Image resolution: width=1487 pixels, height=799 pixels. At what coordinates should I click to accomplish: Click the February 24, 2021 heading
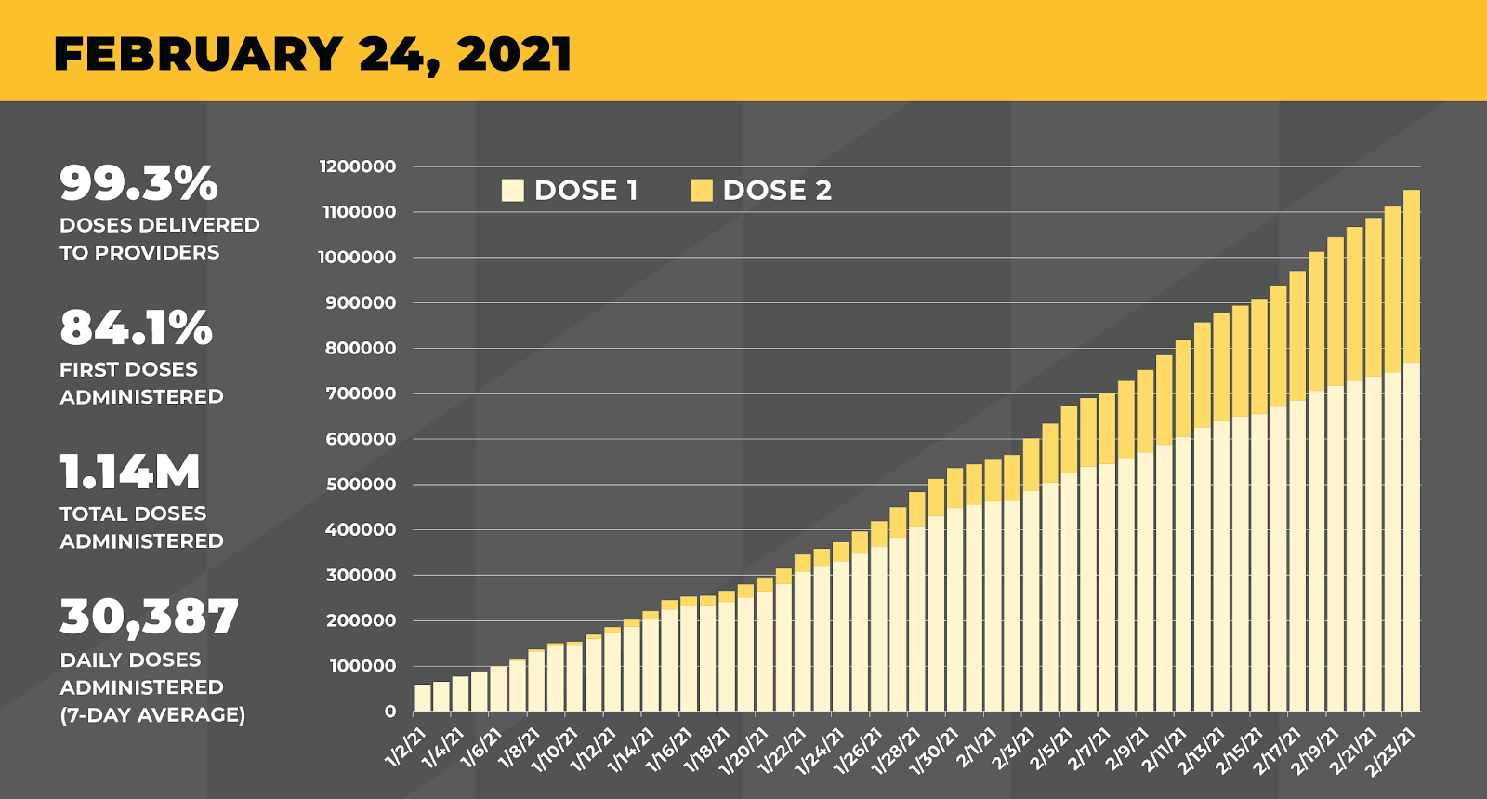pos(312,54)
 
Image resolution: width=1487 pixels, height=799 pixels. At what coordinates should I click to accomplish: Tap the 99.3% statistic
pos(138,183)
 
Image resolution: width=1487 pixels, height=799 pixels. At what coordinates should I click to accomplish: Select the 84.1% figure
pos(136,327)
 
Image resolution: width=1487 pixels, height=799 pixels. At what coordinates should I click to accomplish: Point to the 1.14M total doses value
pos(130,472)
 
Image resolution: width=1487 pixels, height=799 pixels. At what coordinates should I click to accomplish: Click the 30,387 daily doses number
pos(149,617)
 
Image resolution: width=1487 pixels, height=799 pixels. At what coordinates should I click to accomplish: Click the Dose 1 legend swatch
pos(512,191)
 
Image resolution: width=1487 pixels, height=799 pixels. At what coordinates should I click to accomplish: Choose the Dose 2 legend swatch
pos(701,191)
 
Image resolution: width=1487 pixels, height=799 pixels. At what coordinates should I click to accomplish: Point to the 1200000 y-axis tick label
pos(358,166)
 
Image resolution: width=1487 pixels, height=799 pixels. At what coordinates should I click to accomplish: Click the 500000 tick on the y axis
pos(361,485)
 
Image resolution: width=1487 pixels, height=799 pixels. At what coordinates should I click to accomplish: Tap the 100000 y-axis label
pos(361,666)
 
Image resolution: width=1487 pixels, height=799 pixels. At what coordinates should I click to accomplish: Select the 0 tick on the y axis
pos(390,712)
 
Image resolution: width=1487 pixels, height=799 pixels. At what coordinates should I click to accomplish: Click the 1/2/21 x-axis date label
pos(407,748)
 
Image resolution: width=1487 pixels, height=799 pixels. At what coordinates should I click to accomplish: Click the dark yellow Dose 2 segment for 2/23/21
pos(1411,275)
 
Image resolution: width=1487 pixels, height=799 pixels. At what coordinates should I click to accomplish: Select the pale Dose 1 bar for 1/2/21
pos(422,698)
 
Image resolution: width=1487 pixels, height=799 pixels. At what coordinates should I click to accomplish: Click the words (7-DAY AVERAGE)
pos(152,715)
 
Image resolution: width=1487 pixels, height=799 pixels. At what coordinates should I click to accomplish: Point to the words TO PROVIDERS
pos(139,253)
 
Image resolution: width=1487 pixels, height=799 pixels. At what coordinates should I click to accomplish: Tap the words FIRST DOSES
pos(128,369)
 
